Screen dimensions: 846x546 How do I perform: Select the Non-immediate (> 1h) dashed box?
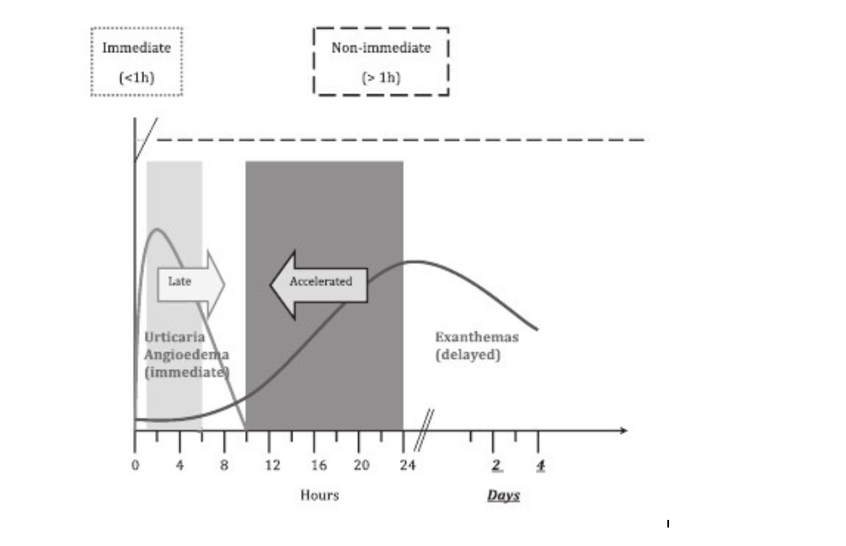[x=381, y=62]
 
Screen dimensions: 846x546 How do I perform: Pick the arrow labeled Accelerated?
[x=319, y=282]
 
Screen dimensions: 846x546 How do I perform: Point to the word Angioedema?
[x=186, y=354]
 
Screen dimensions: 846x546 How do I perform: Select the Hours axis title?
[x=319, y=495]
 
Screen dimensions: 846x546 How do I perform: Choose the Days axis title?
[x=503, y=495]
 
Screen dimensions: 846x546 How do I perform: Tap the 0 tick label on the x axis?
[x=135, y=465]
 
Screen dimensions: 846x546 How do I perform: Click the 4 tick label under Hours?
[x=179, y=465]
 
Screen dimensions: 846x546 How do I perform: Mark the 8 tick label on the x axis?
[x=224, y=465]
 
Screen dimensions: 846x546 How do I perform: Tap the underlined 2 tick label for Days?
[x=496, y=466]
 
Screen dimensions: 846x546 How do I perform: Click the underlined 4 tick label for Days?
[x=540, y=466]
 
